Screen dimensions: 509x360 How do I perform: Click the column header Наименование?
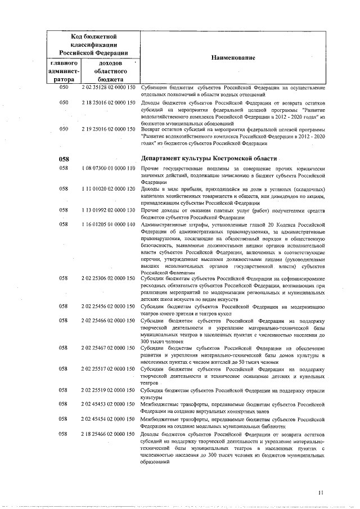tap(233, 58)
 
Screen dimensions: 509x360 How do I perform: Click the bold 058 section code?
tap(64, 159)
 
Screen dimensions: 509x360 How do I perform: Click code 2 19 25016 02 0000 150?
tap(109, 129)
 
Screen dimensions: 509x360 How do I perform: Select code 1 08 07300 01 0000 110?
tap(109, 168)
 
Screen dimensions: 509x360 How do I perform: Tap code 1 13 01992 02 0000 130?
tap(109, 210)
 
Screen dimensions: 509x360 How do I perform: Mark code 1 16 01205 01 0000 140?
tap(109, 224)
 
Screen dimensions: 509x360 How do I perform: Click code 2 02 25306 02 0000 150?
tap(109, 278)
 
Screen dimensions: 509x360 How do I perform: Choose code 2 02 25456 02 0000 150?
tap(109, 307)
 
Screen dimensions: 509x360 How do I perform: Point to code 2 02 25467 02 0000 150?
tap(109, 348)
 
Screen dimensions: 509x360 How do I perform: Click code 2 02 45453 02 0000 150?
tap(109, 404)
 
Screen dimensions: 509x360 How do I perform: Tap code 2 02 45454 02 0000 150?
tap(109, 419)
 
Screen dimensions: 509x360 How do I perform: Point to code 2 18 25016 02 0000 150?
tap(109, 103)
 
